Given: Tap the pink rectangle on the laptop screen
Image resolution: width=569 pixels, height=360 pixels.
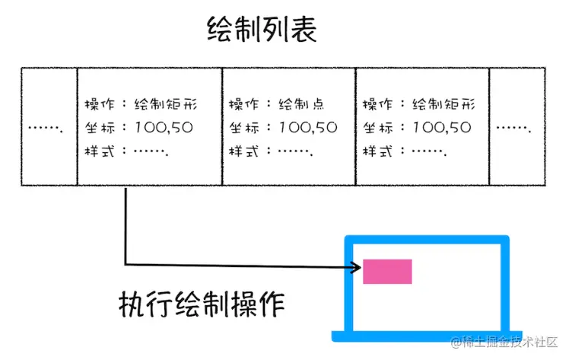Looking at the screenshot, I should [387, 272].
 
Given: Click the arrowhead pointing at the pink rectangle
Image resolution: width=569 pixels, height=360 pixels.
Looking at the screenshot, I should [356, 267].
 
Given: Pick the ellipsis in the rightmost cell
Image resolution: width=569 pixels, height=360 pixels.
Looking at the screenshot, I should [514, 127].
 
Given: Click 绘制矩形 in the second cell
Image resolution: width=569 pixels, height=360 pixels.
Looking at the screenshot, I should [166, 104].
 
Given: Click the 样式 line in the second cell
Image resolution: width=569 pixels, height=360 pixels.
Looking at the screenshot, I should [126, 151].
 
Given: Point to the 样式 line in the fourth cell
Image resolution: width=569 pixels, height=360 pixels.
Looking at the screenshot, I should [403, 151].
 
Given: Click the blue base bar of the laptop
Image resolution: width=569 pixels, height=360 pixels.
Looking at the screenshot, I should [427, 336].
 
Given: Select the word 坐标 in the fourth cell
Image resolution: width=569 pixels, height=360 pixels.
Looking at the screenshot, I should [377, 128].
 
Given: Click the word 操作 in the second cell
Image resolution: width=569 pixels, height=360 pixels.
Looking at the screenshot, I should [100, 104].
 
